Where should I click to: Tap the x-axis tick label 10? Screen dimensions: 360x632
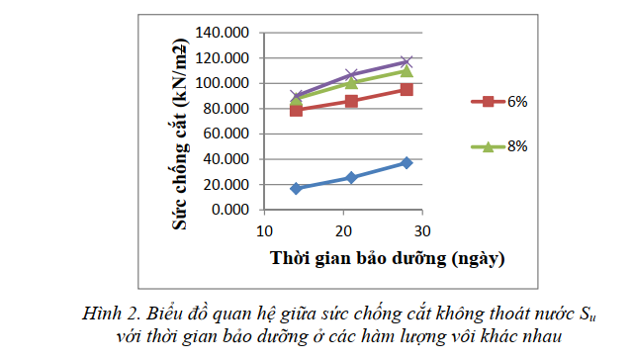(x=263, y=231)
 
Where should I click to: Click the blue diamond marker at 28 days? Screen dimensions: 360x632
(x=406, y=162)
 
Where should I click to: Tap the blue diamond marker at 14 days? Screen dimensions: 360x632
(x=296, y=188)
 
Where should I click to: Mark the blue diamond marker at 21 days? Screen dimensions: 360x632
(x=351, y=177)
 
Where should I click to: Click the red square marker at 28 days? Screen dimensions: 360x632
(x=406, y=90)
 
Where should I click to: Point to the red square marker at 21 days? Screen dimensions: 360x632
(x=351, y=101)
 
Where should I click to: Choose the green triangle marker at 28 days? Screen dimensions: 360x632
(x=406, y=71)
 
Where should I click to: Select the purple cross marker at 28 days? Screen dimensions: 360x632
(x=406, y=61)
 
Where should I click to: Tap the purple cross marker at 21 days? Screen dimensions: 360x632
(x=351, y=75)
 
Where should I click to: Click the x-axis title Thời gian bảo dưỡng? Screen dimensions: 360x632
(x=389, y=259)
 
